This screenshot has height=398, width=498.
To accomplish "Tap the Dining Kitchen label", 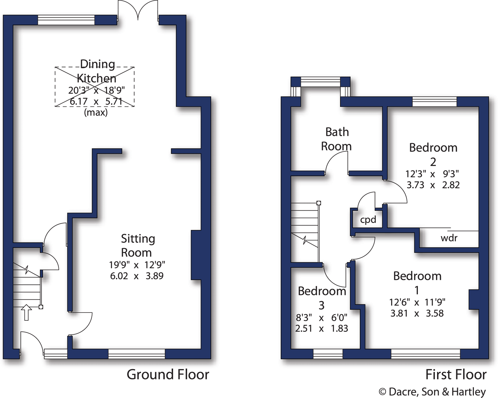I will coord(97,71).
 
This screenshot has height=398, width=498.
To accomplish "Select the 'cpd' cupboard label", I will coord(368,220).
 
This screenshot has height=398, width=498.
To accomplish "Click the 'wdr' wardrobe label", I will coord(449,238).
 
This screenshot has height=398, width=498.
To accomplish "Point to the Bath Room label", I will coord(336,139).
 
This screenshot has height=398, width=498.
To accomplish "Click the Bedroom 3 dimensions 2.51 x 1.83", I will coord(321,328).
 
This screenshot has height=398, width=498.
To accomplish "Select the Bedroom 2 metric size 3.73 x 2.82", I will coord(433,185).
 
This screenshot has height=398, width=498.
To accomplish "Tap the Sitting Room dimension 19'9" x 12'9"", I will coord(137,265).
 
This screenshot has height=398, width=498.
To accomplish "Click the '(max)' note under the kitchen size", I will coord(96,113).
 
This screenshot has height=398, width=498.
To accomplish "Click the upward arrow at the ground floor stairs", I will coord(26,312).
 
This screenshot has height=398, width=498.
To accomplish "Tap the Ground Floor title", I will coord(168,374).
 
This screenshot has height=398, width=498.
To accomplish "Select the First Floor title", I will coord(456,374).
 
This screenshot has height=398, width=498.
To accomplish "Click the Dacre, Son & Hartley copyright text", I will coord(432,392).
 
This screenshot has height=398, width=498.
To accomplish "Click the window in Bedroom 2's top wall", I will coord(434,101).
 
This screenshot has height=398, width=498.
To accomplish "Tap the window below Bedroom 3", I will coord(328,354).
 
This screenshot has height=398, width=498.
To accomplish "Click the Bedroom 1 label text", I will coord(417,283).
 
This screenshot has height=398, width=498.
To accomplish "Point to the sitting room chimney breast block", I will coord(196,255).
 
